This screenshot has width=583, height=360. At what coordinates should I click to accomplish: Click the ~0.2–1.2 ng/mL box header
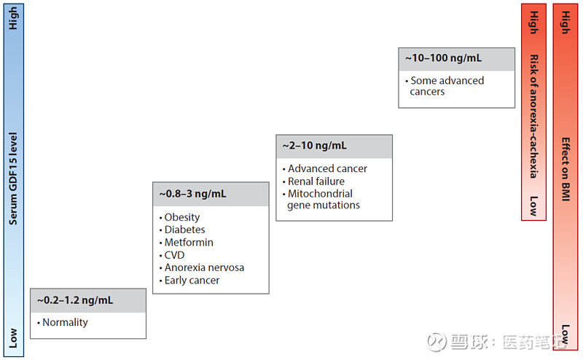75,300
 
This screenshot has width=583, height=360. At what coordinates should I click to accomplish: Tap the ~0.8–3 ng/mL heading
192,194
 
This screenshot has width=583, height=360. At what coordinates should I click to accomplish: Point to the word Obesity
181,217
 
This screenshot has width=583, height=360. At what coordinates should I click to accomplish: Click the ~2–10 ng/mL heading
315,146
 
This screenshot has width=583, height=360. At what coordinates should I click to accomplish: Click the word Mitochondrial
320,194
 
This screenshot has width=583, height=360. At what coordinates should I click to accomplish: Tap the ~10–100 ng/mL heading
444,58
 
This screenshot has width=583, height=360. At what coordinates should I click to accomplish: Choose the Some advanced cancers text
445,86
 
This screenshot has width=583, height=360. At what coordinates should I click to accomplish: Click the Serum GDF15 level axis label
13,179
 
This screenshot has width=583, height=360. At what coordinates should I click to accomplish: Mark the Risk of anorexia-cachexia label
534,117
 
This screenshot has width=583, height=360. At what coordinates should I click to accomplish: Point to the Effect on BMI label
566,169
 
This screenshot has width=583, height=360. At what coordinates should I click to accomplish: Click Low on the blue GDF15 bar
13,338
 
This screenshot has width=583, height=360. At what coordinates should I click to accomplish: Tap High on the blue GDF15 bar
13,18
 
